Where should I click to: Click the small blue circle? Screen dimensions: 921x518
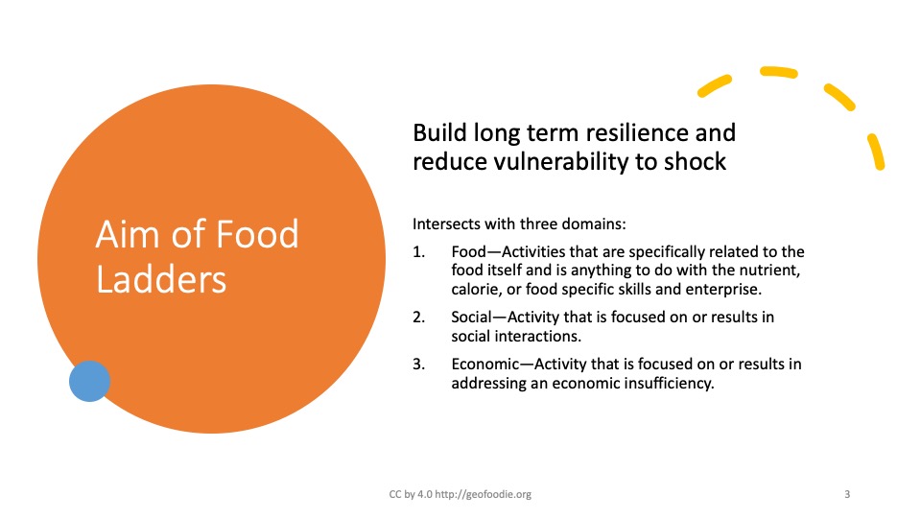[x=89, y=381]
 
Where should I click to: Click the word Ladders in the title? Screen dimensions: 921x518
[x=161, y=279]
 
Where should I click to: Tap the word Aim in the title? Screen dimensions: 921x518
[x=128, y=234]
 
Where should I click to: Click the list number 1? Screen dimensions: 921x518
[x=418, y=252]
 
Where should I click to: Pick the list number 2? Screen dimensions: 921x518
[x=418, y=318]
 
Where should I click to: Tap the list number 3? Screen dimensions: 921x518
[x=418, y=365]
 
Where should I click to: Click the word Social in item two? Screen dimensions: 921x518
[x=471, y=318]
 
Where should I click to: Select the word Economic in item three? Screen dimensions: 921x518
[x=485, y=365]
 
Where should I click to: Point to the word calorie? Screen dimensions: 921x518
[x=475, y=290]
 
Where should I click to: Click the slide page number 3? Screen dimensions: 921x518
[x=847, y=495]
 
